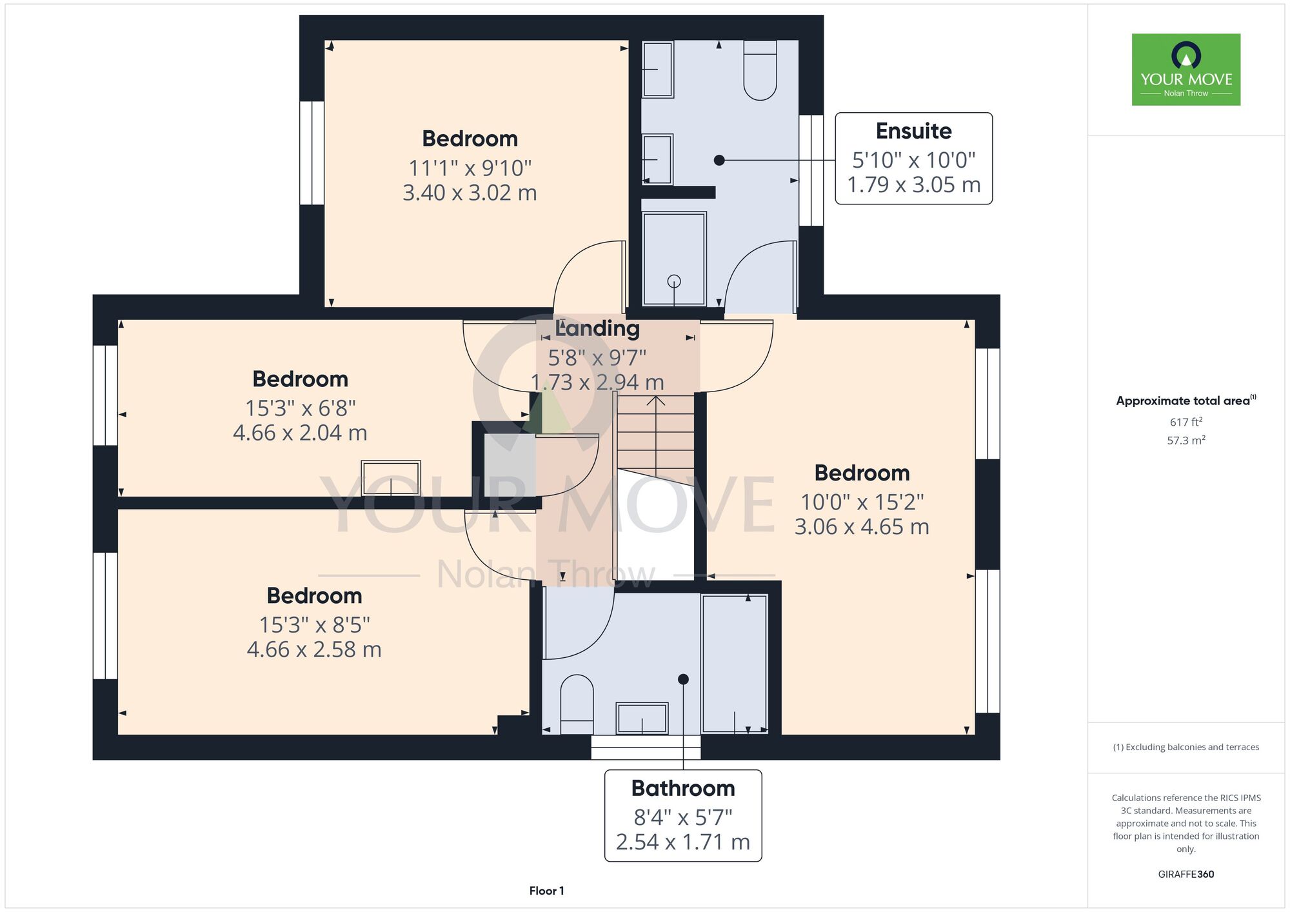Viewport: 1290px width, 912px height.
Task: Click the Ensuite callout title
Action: pyautogui.click(x=913, y=132)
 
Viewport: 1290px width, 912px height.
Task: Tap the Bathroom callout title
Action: pyautogui.click(x=683, y=788)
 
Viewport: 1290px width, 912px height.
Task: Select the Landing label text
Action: pyautogui.click(x=597, y=328)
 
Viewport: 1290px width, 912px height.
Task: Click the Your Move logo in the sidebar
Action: pyautogui.click(x=1186, y=70)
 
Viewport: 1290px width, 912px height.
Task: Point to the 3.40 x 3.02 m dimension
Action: pyautogui.click(x=470, y=193)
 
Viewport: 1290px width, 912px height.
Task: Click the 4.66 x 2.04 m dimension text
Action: pyautogui.click(x=300, y=433)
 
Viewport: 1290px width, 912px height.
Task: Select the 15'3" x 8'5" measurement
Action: pyautogui.click(x=314, y=625)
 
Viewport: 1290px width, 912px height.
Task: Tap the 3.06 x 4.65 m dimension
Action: pyautogui.click(x=862, y=527)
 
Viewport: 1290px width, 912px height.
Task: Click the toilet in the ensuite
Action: pyautogui.click(x=760, y=70)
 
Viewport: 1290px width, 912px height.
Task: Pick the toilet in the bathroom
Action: pyautogui.click(x=577, y=704)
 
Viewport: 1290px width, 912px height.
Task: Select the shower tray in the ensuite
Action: pyautogui.click(x=674, y=258)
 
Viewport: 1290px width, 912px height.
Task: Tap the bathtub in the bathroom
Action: pyautogui.click(x=735, y=664)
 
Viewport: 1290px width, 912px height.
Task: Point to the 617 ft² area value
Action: pyautogui.click(x=1186, y=422)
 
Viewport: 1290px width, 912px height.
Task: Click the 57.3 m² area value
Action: pyautogui.click(x=1186, y=441)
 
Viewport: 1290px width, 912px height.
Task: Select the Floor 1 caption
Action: pyautogui.click(x=546, y=891)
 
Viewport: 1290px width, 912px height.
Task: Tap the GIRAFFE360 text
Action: pyautogui.click(x=1186, y=875)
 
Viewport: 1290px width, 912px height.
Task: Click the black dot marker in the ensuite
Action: pyautogui.click(x=719, y=160)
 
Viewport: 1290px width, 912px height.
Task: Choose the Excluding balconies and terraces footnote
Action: pyautogui.click(x=1186, y=747)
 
